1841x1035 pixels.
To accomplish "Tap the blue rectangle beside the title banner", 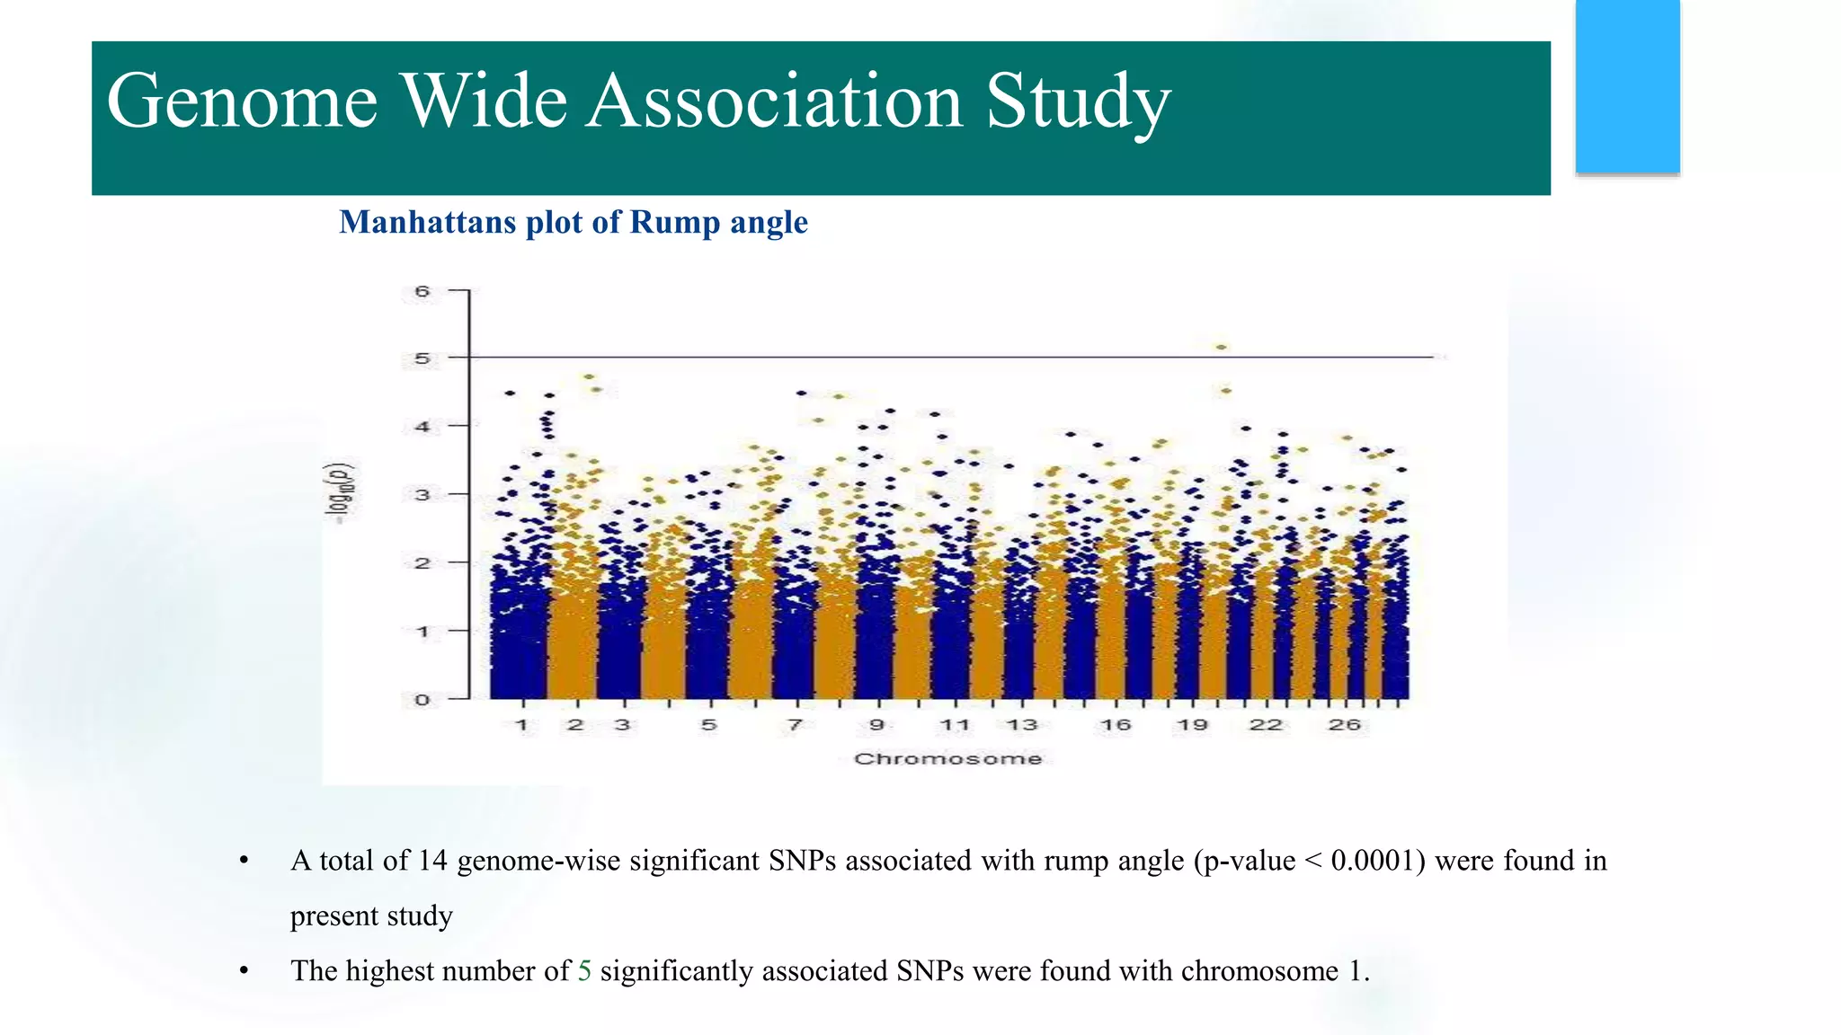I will pos(1627,86).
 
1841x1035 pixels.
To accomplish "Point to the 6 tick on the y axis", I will pos(422,291).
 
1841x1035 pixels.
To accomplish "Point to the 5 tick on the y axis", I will pos(422,358).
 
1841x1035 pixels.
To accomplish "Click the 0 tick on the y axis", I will pos(422,700).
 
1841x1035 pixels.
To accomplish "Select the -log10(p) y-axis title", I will pos(340,492).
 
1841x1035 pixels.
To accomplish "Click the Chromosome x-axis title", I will pos(947,759).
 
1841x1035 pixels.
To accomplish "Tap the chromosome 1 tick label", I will pos(522,725).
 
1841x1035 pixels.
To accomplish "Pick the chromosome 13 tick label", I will pos(1022,725).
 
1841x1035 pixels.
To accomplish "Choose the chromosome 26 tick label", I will pos(1344,725).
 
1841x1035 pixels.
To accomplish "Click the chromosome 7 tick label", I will pos(795,725).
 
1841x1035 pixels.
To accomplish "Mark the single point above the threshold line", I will pos(1221,347).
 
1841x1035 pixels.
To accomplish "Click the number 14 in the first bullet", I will pos(432,861).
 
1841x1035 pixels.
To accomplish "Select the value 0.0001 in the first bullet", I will pos(1373,861).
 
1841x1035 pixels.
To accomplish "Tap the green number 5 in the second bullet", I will pos(584,971).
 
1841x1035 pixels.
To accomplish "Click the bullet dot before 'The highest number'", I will pos(244,971).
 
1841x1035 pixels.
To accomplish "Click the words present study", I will pos(371,916).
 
